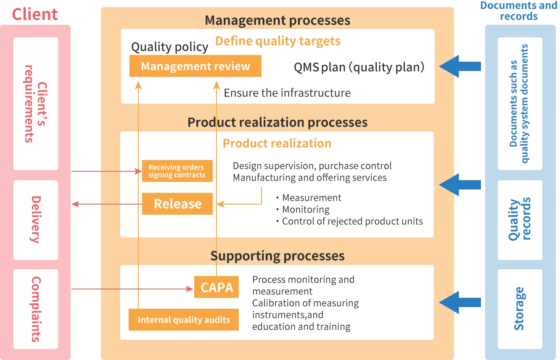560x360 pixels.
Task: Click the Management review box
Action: point(195,66)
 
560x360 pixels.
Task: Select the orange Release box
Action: point(177,204)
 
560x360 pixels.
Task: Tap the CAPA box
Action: point(217,287)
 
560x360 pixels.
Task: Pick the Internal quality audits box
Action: point(183,320)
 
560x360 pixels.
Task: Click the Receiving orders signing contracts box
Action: point(177,171)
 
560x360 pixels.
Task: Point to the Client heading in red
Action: point(35,14)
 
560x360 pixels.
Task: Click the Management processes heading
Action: point(277,20)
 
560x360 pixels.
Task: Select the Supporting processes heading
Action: point(277,256)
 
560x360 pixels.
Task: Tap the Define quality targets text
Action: point(278,41)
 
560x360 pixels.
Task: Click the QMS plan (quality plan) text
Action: point(359,67)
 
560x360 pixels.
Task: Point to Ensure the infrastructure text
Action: point(287,93)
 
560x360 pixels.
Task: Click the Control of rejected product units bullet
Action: point(349,221)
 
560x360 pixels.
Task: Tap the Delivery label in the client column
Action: point(36,219)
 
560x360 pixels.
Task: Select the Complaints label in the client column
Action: point(36,309)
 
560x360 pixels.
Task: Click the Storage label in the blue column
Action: point(520,309)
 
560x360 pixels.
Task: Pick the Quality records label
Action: point(520,219)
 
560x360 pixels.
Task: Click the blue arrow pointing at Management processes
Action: point(460,66)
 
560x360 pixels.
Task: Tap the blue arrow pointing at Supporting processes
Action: point(460,302)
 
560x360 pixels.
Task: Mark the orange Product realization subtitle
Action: point(277,143)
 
